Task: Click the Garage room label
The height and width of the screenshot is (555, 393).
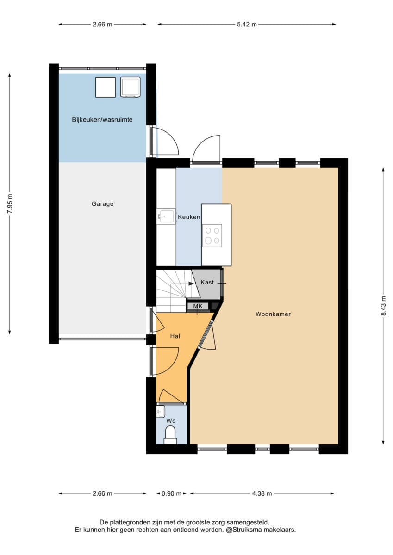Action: point(102,204)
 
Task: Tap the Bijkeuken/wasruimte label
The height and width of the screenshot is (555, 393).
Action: point(102,120)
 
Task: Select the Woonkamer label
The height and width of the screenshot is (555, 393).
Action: point(273,314)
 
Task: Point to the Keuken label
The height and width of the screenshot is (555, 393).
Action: point(189,217)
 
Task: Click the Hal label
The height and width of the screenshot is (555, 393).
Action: point(175,336)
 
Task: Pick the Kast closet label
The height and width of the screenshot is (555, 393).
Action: point(207,282)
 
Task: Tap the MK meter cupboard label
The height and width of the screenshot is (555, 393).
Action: point(198,306)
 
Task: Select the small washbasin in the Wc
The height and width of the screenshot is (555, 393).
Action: point(161,412)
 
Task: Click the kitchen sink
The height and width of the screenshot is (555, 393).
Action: point(166,216)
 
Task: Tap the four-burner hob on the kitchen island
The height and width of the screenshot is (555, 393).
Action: point(212,235)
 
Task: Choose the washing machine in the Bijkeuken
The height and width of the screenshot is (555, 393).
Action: point(130,87)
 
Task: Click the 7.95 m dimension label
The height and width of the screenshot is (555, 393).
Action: point(9,203)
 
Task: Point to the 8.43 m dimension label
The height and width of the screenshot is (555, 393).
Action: point(384,306)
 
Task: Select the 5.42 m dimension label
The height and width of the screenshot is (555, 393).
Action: point(247,24)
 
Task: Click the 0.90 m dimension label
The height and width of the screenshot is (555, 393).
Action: point(171,493)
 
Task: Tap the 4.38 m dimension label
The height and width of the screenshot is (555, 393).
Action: point(262,493)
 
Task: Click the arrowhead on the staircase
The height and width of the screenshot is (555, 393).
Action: point(191,284)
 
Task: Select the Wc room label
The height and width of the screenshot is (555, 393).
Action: point(171,421)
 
